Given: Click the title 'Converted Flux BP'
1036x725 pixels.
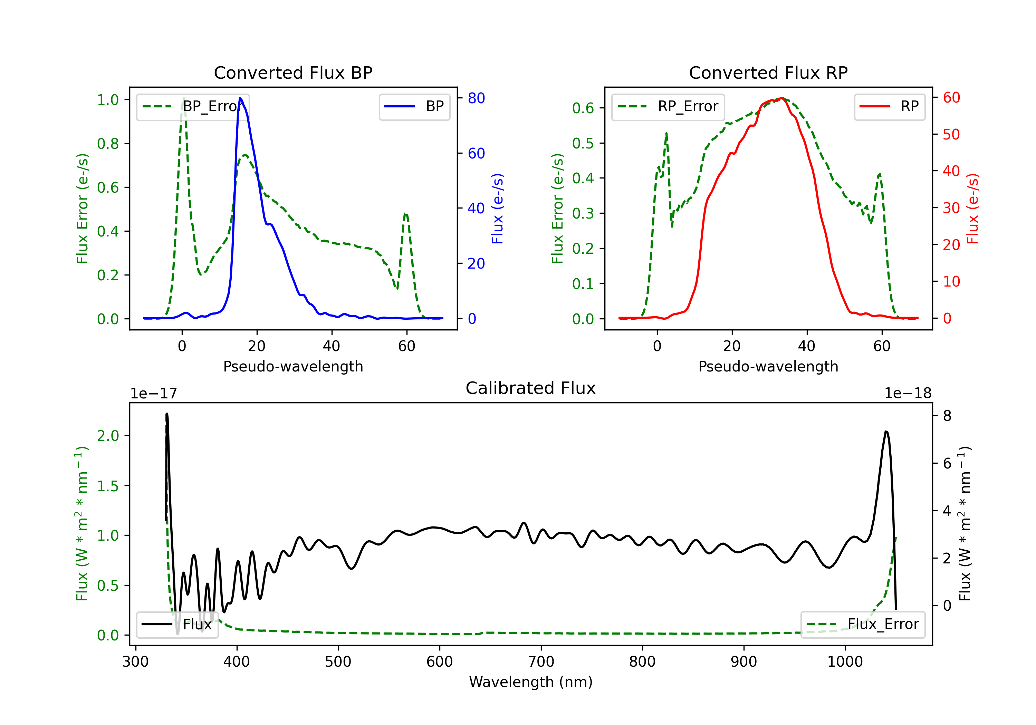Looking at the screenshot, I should point(293,72).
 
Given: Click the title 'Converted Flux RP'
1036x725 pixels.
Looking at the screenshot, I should point(768,72).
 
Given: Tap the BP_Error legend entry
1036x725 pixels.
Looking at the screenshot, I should point(193,106).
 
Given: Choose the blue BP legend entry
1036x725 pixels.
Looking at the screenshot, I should point(415,106).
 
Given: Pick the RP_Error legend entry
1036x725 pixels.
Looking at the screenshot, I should point(668,106).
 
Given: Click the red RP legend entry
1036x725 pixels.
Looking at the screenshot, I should point(889,106).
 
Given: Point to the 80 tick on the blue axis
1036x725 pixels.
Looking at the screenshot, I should point(476,98).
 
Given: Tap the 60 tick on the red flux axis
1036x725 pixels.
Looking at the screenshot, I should point(951,97).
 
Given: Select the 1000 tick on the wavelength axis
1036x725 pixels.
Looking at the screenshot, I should point(845,661).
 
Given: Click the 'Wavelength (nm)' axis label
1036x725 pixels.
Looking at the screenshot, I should point(531,682).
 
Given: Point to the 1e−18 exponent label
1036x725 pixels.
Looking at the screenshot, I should point(908,394).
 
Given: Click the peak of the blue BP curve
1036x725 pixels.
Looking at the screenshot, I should point(240,98).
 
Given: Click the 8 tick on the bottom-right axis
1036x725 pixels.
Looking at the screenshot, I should point(947,416).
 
